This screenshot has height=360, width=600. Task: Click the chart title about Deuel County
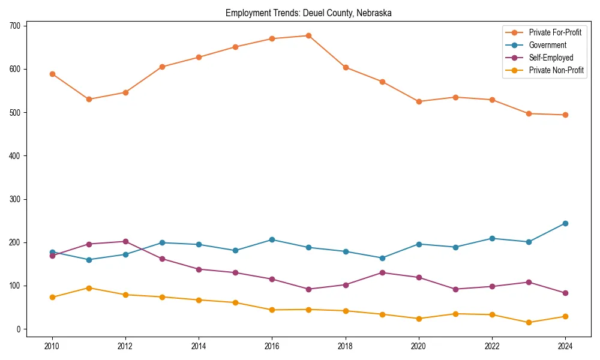[x=308, y=13]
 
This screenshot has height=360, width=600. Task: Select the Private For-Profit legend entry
[x=555, y=32]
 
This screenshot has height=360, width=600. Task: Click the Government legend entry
[x=547, y=45]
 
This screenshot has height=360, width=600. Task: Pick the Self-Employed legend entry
[x=551, y=58]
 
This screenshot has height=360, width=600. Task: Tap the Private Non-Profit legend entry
[x=556, y=71]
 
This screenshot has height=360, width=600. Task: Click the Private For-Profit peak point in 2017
[x=308, y=35]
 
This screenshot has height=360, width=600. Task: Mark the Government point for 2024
[x=565, y=223]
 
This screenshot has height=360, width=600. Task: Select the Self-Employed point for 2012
[x=125, y=241]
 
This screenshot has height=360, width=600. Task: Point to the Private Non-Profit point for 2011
[x=89, y=288]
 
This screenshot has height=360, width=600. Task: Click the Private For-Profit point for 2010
[x=52, y=74]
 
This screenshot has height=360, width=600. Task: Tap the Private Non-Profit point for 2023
[x=529, y=322]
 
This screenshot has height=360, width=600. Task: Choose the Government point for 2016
[x=272, y=239]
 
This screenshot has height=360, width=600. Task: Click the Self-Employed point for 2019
[x=382, y=272]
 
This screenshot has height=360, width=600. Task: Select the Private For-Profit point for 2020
[x=419, y=101]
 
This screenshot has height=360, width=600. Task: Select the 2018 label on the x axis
[x=345, y=346]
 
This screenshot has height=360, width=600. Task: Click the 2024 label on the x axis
[x=565, y=346]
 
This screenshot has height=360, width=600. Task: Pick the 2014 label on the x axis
[x=199, y=346]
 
